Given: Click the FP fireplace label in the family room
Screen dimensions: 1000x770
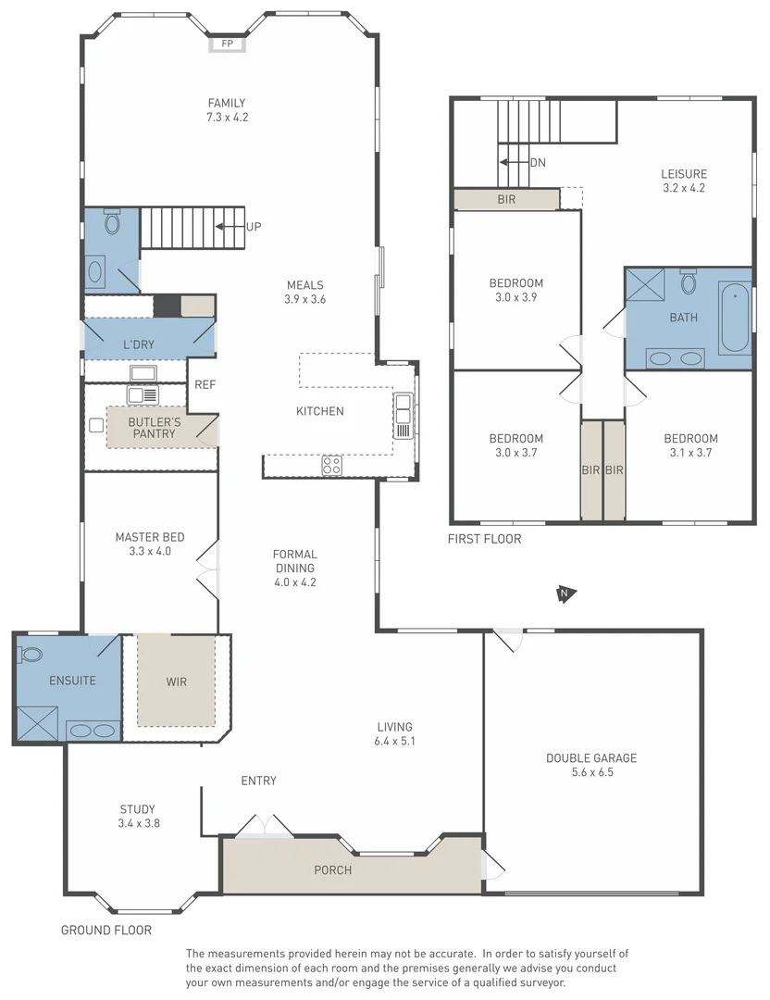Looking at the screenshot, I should (228, 44).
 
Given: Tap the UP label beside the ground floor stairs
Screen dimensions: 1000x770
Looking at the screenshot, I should (254, 226).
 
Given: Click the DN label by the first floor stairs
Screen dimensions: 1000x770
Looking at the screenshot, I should (538, 162).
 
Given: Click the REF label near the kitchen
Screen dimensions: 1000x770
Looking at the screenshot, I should (205, 384).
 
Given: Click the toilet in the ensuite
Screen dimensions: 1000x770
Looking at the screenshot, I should (31, 655).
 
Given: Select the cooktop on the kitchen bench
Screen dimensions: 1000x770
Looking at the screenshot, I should (331, 466).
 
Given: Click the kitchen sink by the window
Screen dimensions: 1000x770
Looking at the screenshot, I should (404, 415).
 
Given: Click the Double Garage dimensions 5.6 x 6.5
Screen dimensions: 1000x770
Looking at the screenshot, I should (591, 771).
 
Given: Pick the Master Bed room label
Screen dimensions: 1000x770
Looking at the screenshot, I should (150, 537).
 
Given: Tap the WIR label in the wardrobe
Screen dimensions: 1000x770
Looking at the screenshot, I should (177, 682).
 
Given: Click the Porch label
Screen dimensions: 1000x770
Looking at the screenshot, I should (333, 870).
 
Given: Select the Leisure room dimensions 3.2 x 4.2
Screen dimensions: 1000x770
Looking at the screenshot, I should (684, 188).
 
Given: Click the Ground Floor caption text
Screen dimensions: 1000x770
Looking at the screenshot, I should (106, 930).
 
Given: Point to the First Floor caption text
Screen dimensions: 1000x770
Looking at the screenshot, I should (484, 539).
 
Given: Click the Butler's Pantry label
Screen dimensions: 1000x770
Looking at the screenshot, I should (155, 428).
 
